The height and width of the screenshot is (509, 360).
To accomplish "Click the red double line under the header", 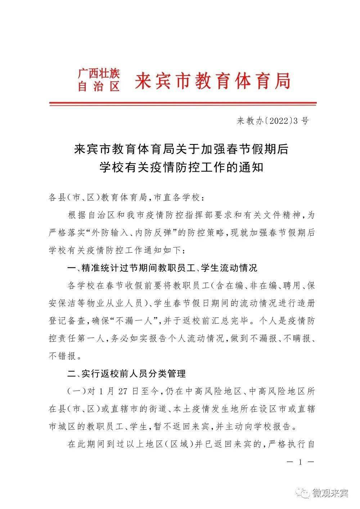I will (183, 104).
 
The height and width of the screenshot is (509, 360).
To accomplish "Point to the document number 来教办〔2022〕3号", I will (273, 121).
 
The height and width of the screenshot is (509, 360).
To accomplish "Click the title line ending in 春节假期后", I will (181, 149).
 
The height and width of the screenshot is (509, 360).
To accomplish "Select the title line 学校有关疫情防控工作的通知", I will (181, 167).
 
